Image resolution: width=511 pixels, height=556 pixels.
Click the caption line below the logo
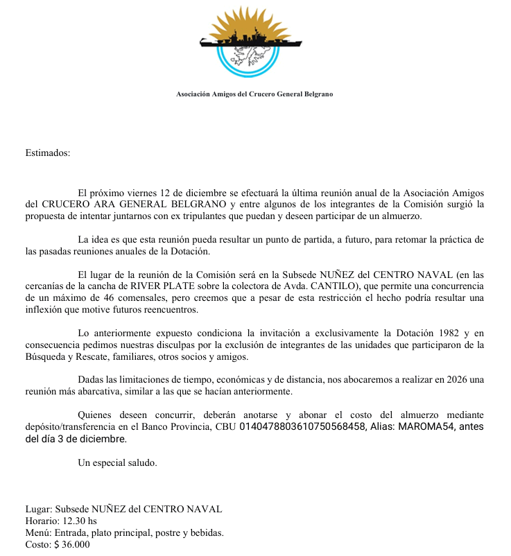click(254, 94)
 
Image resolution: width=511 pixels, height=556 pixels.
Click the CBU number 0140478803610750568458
click(302, 427)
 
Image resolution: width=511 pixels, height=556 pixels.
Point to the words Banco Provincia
click(176, 427)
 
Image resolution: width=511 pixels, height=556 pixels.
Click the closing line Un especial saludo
click(118, 462)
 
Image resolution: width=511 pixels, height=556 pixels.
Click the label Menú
click(38, 533)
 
